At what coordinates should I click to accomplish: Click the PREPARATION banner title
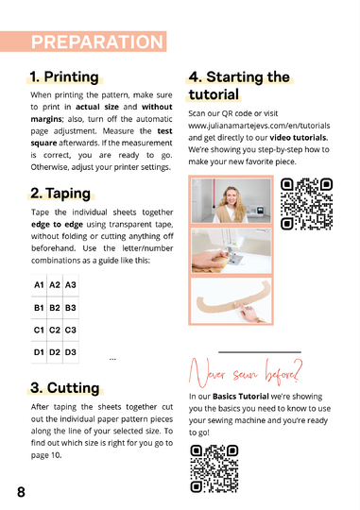coord(97,42)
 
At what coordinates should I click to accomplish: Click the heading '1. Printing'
coord(64,77)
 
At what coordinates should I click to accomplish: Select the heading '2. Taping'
coord(60,194)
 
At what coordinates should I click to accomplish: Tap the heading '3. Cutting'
coord(65,388)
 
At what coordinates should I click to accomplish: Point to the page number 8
coord(21,492)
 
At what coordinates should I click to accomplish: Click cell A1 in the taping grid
coord(39,285)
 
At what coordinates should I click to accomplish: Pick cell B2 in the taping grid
coord(55,307)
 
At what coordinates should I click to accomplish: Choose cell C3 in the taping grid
coord(71,330)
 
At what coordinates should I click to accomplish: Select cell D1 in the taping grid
coord(39,352)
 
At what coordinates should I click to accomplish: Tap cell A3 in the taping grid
coord(71,285)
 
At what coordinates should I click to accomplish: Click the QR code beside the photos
coord(307,204)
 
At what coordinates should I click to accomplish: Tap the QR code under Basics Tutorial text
coord(214,468)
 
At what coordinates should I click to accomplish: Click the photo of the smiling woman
coord(231,200)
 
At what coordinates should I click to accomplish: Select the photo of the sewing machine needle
coord(231,250)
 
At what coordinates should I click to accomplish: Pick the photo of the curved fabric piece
coord(231,300)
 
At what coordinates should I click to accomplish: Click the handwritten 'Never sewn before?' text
coord(246,373)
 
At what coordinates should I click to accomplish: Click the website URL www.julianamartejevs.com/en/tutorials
coord(259,126)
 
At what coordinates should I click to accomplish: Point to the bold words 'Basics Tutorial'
coord(241,397)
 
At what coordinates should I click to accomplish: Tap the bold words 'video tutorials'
coord(299,138)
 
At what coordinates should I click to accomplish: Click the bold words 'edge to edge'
coord(57,225)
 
